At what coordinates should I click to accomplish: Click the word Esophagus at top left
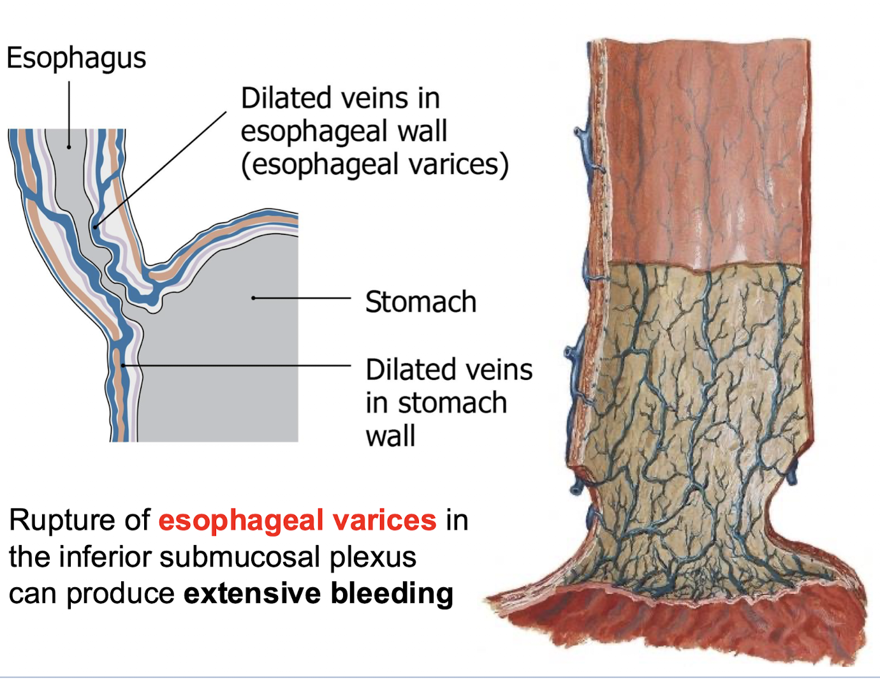(x=76, y=59)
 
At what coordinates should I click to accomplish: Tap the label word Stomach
(x=421, y=302)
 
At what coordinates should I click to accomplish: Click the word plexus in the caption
(x=373, y=558)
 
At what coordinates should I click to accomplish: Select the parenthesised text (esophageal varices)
(x=375, y=164)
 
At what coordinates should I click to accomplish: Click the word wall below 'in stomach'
(x=390, y=437)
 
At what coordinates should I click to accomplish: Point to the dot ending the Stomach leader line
(x=253, y=298)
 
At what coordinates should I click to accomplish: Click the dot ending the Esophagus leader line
(x=69, y=147)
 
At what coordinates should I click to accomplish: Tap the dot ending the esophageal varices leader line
(x=95, y=226)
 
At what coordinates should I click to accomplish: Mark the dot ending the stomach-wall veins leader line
(x=122, y=366)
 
